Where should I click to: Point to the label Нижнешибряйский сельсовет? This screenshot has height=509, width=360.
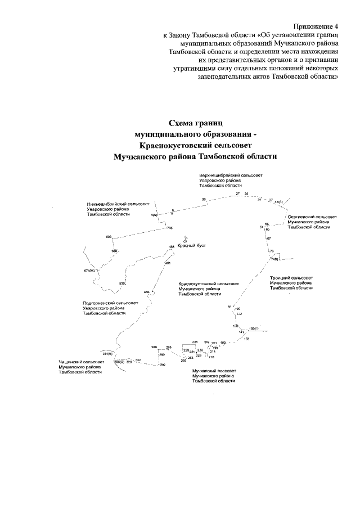111,205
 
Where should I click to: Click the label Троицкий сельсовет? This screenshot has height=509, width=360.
291,278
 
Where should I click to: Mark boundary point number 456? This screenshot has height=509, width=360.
147,292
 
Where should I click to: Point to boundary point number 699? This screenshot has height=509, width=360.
109,237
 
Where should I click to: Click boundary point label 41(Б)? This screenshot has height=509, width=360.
278,201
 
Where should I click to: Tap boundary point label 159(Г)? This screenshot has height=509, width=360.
253,327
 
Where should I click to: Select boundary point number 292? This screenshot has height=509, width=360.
163,366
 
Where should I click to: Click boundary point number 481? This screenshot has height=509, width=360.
168,264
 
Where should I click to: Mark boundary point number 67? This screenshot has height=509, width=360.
269,239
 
